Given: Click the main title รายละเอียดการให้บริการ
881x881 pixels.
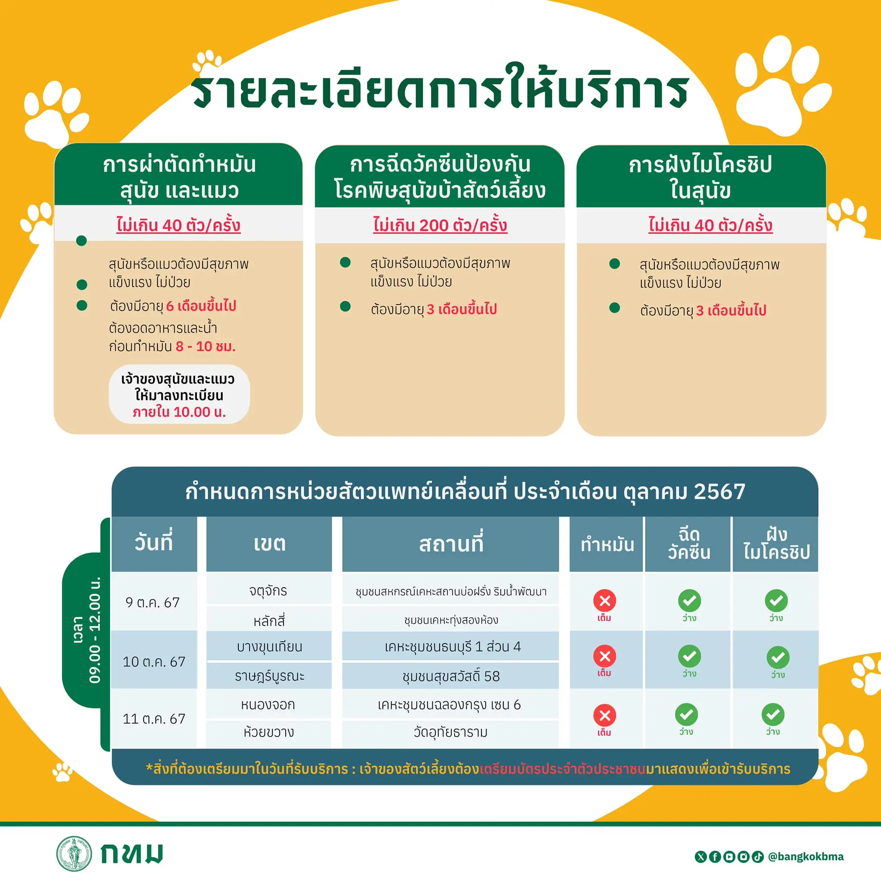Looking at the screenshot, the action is (x=440, y=89).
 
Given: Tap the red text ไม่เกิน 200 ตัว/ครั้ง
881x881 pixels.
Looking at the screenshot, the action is (x=440, y=225).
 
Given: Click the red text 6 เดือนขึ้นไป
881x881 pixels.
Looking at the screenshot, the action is (x=201, y=305).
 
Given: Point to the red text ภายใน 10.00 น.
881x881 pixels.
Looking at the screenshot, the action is (x=179, y=412).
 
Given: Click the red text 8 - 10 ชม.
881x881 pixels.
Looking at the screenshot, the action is (x=206, y=346).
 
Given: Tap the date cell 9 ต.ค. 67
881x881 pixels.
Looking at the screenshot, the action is (x=153, y=602).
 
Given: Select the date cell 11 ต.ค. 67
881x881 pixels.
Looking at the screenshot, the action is (x=154, y=719).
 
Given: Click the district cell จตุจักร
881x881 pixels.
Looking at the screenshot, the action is (x=268, y=591).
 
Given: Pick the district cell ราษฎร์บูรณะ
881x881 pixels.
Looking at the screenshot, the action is (x=269, y=676).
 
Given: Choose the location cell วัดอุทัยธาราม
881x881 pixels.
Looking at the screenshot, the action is (x=450, y=732).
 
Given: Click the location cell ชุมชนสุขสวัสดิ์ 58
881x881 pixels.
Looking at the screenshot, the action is (x=451, y=676).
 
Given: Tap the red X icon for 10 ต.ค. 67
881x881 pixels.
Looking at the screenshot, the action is (x=605, y=656).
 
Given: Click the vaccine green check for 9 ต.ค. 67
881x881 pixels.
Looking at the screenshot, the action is (x=690, y=601).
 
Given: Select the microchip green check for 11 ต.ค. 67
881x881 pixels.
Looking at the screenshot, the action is (x=773, y=715).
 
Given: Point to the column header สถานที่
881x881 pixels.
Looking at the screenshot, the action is (x=451, y=544).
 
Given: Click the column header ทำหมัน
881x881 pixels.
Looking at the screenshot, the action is (x=607, y=545).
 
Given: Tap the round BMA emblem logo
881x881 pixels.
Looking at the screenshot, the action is (x=74, y=853).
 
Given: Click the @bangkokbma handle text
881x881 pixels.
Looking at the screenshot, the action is (x=806, y=856).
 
